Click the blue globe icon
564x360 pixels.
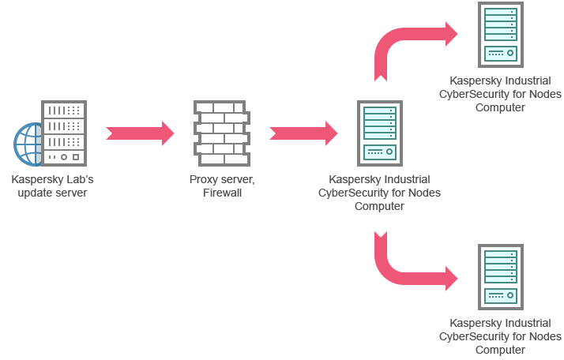[x=27, y=144]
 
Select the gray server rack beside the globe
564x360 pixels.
[x=64, y=133]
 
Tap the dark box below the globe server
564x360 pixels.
[x=55, y=186]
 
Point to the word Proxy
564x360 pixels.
[x=203, y=180]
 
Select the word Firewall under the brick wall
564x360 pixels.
[x=222, y=193]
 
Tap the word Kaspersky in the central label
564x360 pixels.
[x=355, y=180]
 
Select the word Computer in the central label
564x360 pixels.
[x=379, y=206]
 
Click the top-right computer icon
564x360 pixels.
[x=500, y=35]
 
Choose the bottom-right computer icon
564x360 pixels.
[x=500, y=276]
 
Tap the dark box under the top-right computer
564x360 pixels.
[x=509, y=95]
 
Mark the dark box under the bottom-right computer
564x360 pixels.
[x=502, y=337]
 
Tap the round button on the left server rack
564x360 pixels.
[x=65, y=156]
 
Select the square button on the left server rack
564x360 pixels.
[x=77, y=156]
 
